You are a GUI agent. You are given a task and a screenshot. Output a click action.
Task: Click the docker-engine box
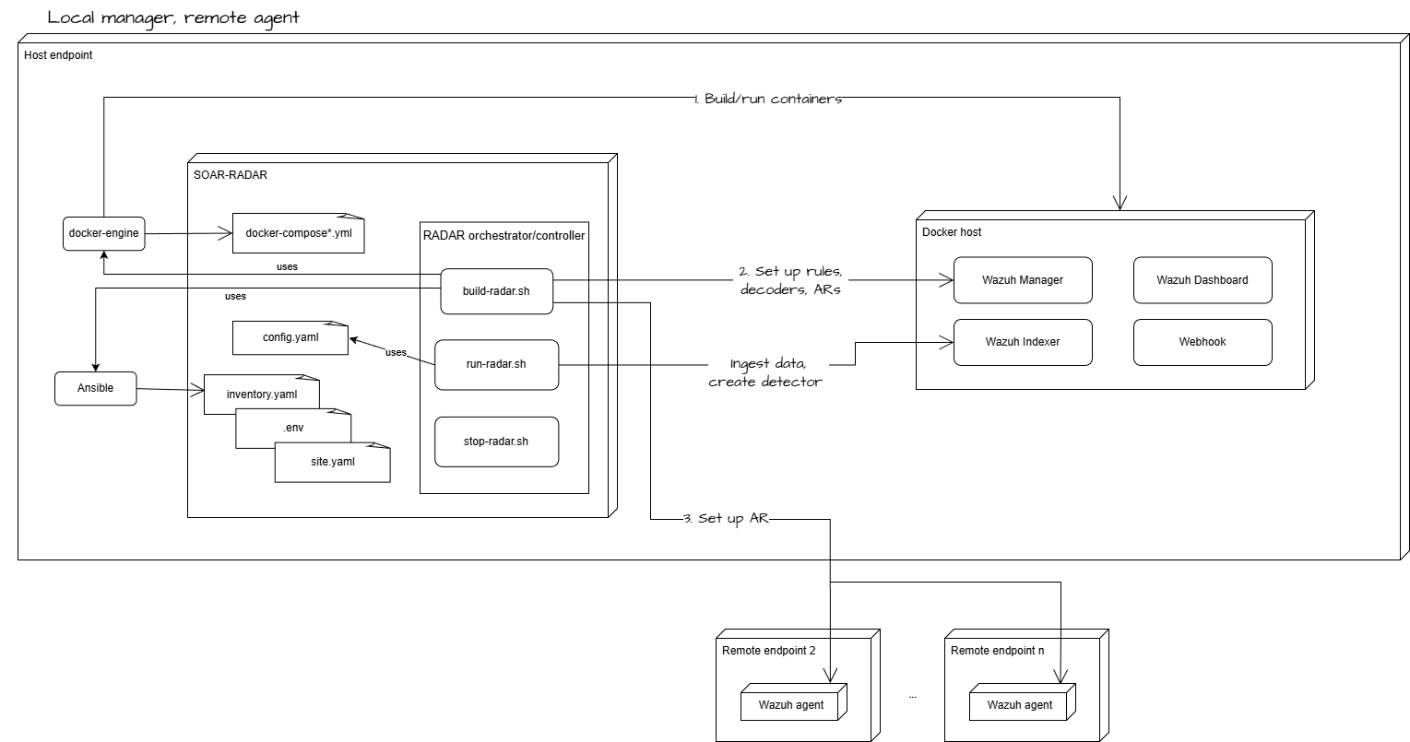(x=103, y=233)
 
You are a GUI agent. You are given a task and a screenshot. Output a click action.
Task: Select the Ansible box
(x=95, y=388)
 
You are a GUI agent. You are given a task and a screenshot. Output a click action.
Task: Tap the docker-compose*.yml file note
(x=298, y=233)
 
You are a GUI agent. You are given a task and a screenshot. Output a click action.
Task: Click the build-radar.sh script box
(x=495, y=290)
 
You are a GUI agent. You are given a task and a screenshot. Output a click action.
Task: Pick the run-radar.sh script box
(x=495, y=364)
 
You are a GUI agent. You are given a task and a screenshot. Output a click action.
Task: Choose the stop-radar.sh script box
(x=495, y=442)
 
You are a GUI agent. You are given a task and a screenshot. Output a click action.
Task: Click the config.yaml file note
(x=290, y=337)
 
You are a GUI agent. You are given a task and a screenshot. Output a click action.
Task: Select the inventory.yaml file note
(x=261, y=394)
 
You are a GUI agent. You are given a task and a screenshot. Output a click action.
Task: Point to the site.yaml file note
(x=331, y=462)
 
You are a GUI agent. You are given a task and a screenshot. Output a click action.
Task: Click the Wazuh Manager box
(x=1022, y=280)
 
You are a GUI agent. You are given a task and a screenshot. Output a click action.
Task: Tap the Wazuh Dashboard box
(x=1202, y=280)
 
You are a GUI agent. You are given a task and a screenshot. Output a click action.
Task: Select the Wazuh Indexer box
(x=1022, y=342)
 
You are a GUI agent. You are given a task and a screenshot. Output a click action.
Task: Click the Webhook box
(x=1202, y=342)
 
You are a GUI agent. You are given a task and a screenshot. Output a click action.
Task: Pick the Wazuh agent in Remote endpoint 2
(x=791, y=705)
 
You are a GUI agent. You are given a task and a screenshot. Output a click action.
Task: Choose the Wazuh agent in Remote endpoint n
(x=1019, y=705)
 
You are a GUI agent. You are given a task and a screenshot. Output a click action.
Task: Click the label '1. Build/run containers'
(x=767, y=99)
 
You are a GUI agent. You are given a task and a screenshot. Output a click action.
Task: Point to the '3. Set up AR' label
(x=725, y=519)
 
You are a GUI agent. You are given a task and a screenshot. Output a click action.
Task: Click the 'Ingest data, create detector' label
(x=764, y=372)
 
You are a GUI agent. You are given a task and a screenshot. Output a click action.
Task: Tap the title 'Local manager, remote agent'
(x=173, y=18)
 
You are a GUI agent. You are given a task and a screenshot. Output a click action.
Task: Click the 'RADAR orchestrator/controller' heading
(x=504, y=236)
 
